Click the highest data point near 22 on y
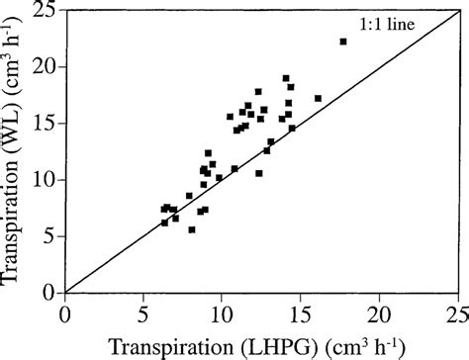(x=343, y=42)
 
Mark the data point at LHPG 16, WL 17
(x=318, y=98)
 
